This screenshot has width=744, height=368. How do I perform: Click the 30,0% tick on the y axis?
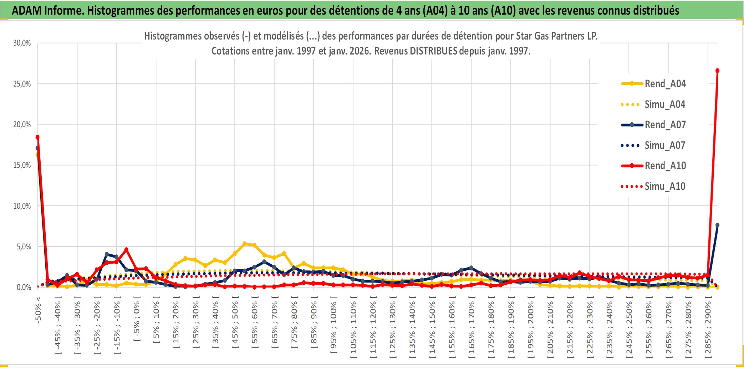pyautogui.click(x=22, y=43)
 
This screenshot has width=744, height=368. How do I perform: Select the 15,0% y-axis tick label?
pyautogui.click(x=22, y=165)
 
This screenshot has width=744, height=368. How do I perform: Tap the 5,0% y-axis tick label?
pyautogui.click(x=24, y=247)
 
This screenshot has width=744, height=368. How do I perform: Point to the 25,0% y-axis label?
pyautogui.click(x=22, y=84)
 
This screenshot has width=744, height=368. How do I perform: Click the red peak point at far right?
pyautogui.click(x=717, y=71)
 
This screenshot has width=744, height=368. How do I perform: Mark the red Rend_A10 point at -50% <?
pyautogui.click(x=37, y=137)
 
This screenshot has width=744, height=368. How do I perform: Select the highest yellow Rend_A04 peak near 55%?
pyautogui.click(x=245, y=244)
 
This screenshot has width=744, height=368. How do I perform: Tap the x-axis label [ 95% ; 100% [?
pyautogui.click(x=333, y=327)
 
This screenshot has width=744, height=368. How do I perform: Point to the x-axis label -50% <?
pyautogui.click(x=38, y=310)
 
